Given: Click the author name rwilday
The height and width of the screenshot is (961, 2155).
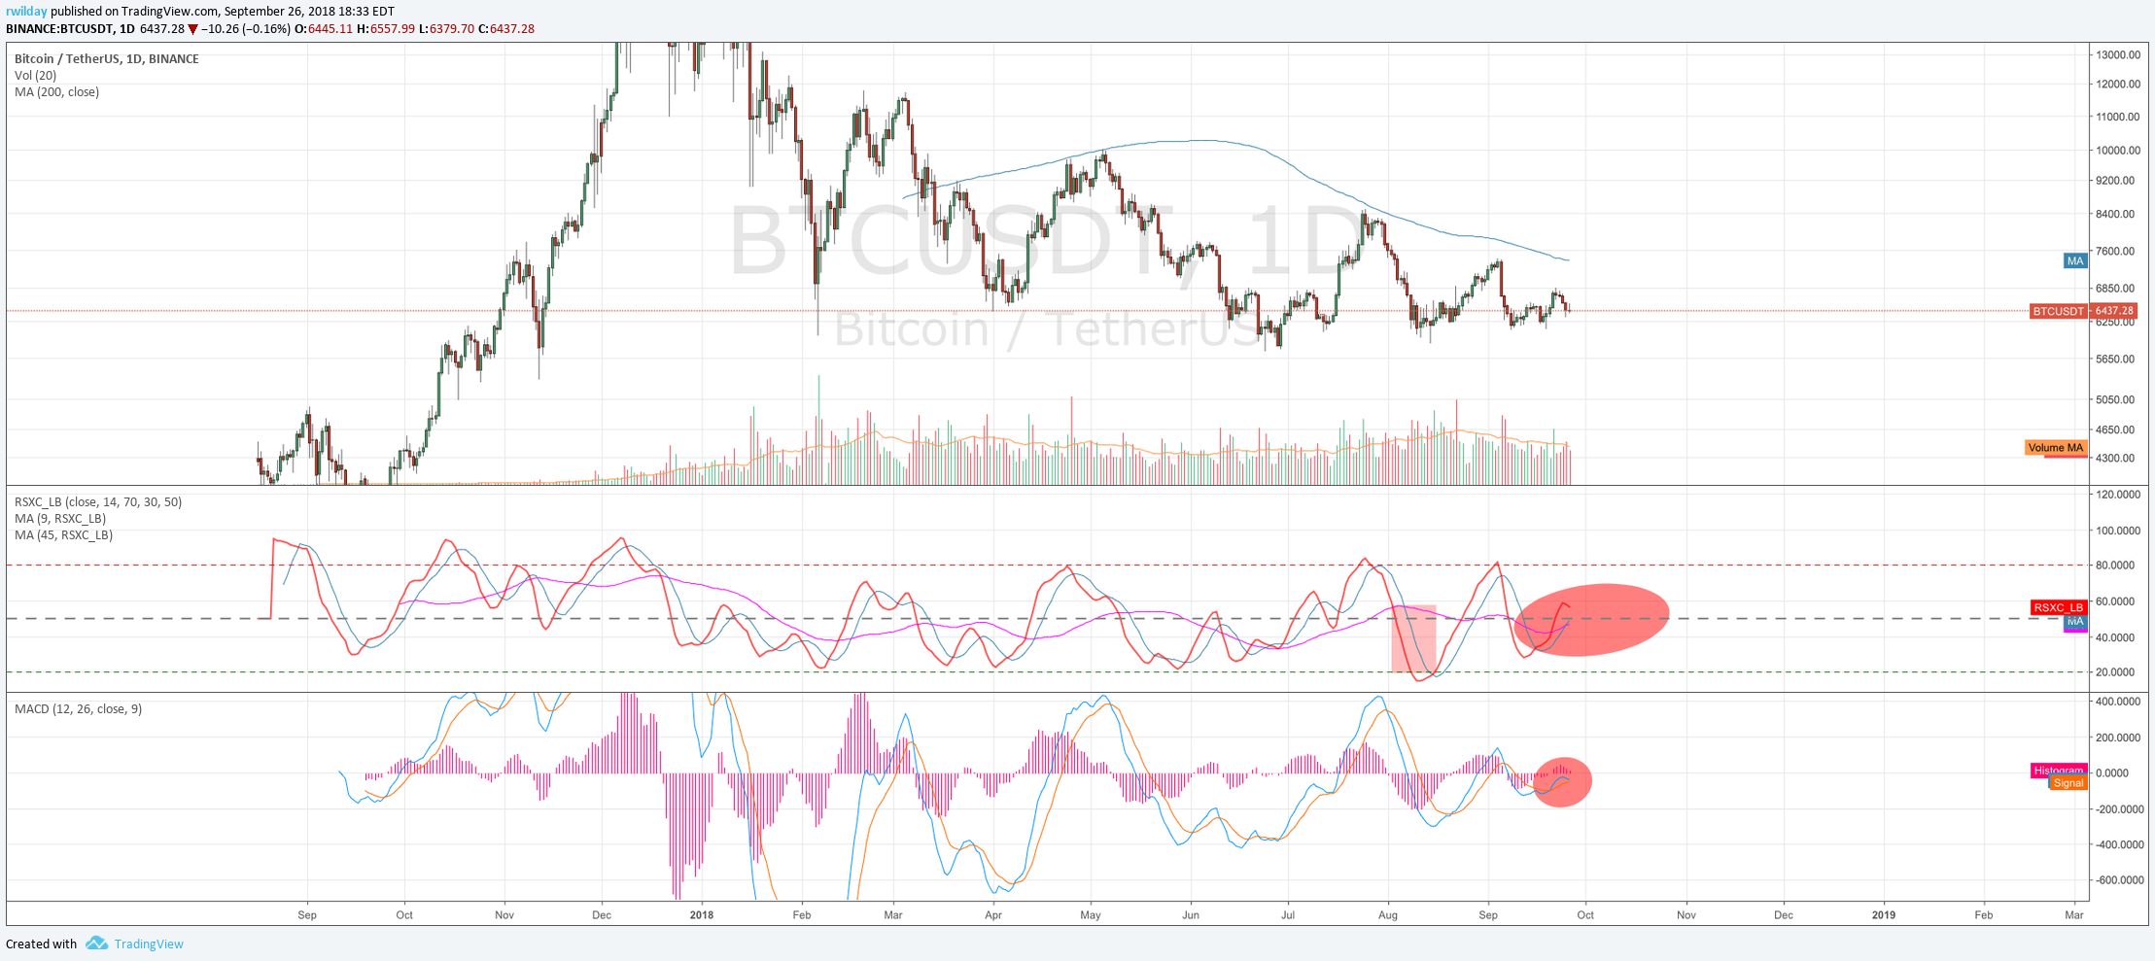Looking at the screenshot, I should (x=26, y=12).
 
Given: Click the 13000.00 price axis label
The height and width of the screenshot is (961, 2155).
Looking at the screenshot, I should (x=2118, y=55).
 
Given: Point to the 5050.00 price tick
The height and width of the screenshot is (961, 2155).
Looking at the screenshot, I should (x=2115, y=399).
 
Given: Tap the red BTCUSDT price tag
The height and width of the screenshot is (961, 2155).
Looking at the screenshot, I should (x=2058, y=311).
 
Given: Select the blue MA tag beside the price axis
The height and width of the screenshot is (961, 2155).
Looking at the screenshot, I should (x=2075, y=260).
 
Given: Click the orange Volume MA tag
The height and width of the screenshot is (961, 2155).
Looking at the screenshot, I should (x=2055, y=448).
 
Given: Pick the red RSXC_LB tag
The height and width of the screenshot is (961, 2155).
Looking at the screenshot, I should (x=2058, y=607).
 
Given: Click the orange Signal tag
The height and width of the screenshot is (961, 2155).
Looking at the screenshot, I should (x=2068, y=783).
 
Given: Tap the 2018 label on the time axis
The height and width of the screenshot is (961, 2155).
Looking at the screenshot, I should (x=701, y=914).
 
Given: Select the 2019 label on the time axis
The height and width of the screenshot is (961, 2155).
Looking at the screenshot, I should (x=1883, y=914).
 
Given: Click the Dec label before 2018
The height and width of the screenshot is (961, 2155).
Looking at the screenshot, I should (x=602, y=914).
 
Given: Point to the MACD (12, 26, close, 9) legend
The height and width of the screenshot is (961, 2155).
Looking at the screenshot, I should (x=78, y=709).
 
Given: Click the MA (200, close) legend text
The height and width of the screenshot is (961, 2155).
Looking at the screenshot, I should (x=56, y=92).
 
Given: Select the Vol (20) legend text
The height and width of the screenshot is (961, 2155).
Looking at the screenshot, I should (x=35, y=76).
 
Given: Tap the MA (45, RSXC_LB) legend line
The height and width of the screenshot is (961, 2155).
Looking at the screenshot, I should (x=63, y=535).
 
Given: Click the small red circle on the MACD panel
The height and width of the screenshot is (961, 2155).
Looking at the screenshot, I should (x=1562, y=781).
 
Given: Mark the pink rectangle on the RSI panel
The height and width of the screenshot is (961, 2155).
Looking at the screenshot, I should (x=1413, y=638).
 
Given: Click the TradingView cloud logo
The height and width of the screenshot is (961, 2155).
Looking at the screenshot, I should (x=96, y=944).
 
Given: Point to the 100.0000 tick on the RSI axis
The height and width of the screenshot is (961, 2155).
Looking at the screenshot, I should (x=2116, y=531).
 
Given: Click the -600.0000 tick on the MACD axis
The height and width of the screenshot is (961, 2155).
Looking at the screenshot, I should (x=2114, y=880).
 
